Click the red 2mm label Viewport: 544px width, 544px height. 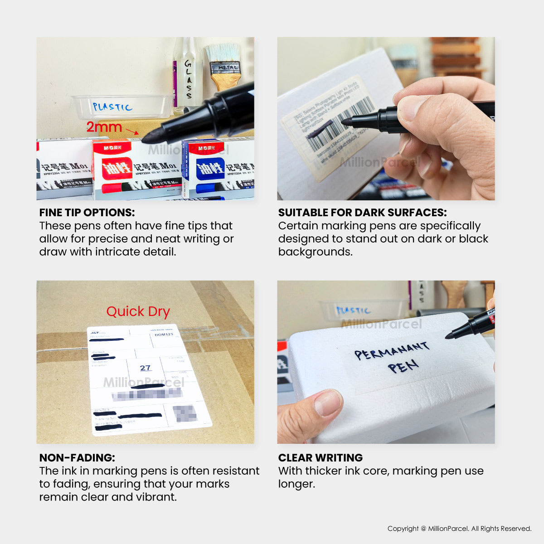click(x=104, y=127)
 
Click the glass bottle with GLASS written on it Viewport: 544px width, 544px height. click(x=187, y=77)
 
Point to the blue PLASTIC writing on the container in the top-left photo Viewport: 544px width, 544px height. click(x=112, y=107)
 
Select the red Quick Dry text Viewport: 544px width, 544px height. click(x=138, y=312)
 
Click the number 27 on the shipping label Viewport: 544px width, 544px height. click(x=145, y=368)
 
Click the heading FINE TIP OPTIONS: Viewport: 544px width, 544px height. click(x=87, y=213)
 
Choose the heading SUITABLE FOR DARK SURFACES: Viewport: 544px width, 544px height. click(x=362, y=213)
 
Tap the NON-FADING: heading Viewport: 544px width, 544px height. click(x=77, y=458)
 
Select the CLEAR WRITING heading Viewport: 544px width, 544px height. click(x=321, y=458)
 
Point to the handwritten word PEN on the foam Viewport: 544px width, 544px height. click(x=403, y=366)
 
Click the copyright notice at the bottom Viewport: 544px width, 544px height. click(x=459, y=529)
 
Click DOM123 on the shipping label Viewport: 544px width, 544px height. click(x=164, y=335)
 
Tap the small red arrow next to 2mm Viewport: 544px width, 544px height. click(x=132, y=131)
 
